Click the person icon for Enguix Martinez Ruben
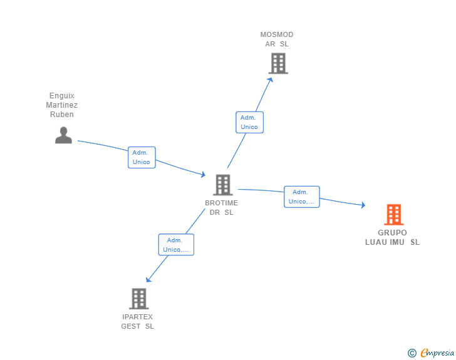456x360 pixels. coord(63,135)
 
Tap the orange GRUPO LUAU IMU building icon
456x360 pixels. coord(393,215)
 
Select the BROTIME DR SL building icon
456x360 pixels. coord(222,185)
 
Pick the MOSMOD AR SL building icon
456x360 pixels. coord(277,63)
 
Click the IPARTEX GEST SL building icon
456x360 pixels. coord(138,299)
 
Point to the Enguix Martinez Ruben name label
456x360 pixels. coord(62,105)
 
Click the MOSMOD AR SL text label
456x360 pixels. coord(277,39)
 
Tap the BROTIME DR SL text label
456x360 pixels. coord(221,208)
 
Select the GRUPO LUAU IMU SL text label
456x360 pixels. coord(393,237)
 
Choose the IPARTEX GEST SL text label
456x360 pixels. coord(138,322)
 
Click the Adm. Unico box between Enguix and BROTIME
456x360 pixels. coord(142,157)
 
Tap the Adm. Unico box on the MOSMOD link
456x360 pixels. coord(249,122)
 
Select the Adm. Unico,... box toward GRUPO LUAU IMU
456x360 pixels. coord(301,197)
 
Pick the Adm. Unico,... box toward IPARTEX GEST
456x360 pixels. coord(176,245)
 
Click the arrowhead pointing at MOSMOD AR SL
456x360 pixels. coord(271,79)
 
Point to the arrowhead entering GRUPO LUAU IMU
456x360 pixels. coord(363,205)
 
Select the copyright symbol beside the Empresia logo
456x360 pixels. coord(412,353)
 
